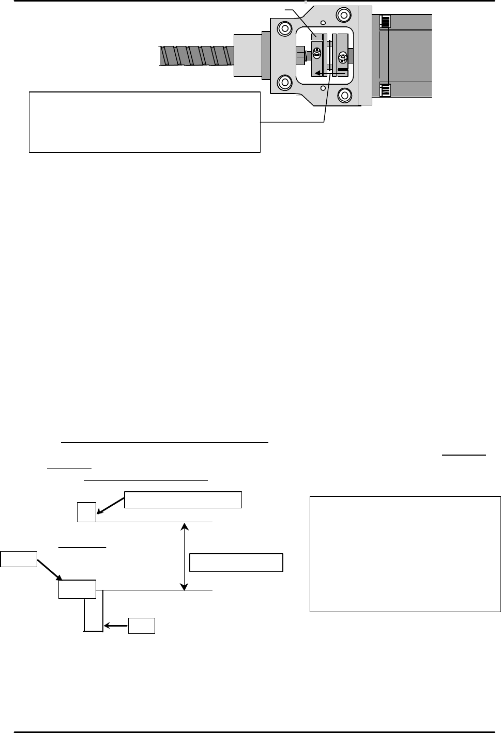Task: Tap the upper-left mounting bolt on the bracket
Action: (x=284, y=27)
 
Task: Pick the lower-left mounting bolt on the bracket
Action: (x=284, y=82)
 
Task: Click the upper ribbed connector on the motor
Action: (x=385, y=21)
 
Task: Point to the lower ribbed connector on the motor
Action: (x=385, y=91)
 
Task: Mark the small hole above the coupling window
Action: (x=323, y=22)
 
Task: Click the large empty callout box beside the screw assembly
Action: (x=144, y=122)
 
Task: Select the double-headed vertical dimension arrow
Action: (x=184, y=556)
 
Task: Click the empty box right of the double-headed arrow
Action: (x=236, y=563)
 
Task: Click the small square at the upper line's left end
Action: (x=86, y=511)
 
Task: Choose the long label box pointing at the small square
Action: (x=184, y=500)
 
